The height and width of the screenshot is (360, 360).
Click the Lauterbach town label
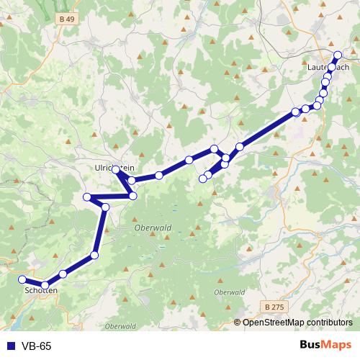[x=328, y=67]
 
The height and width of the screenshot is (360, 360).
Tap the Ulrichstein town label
[x=114, y=167]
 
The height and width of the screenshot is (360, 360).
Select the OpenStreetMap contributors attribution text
[x=297, y=323]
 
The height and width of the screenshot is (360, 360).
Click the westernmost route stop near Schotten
[x=22, y=279]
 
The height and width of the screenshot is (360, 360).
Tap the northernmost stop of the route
[x=338, y=55]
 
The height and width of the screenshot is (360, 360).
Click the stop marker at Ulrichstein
[x=116, y=170]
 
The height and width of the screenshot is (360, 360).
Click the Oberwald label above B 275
[x=229, y=292]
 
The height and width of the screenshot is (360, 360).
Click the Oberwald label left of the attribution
[x=120, y=326]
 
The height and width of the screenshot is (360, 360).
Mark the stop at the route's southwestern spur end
[x=203, y=179]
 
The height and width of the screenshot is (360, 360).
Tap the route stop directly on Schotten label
[x=45, y=286]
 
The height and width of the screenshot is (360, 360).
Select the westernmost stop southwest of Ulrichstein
[x=87, y=197]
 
